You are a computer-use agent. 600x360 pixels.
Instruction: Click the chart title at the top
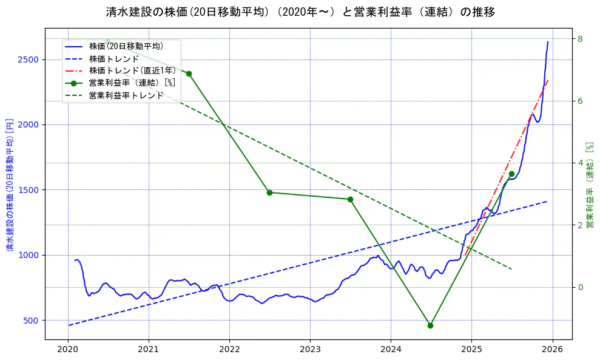tap(300, 12)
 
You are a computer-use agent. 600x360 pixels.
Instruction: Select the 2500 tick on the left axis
tap(29, 59)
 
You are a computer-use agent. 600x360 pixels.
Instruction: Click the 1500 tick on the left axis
tap(29, 190)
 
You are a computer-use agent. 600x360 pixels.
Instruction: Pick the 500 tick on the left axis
tap(32, 321)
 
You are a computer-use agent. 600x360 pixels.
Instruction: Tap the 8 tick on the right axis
tap(580, 39)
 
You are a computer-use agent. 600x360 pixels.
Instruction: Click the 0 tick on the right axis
tap(580, 287)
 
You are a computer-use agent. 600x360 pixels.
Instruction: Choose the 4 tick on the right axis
tap(580, 163)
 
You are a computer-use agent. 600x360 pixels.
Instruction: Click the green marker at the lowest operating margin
tap(430, 325)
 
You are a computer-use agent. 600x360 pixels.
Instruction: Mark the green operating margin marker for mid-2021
tap(189, 73)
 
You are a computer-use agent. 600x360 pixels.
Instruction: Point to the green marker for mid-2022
tap(269, 192)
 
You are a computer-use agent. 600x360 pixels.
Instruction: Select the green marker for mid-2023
tap(350, 199)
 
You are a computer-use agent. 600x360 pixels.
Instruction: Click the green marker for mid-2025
tap(511, 174)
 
